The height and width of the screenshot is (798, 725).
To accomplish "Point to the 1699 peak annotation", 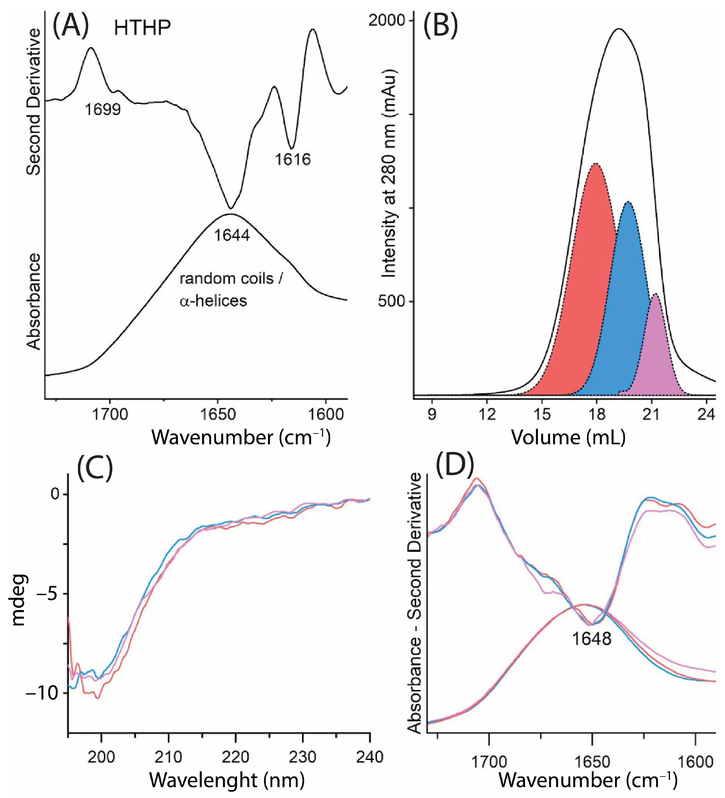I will [x=103, y=109].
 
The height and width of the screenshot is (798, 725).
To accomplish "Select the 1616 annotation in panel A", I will [x=293, y=159].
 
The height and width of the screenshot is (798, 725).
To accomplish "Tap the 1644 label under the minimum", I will [x=232, y=235].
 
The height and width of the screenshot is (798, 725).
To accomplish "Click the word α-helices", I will [x=213, y=301].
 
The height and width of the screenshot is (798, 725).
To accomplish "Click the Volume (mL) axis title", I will [x=568, y=437].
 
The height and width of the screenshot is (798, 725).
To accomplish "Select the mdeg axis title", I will [x=18, y=600].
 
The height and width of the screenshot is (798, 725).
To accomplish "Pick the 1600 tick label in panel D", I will [x=696, y=762].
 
